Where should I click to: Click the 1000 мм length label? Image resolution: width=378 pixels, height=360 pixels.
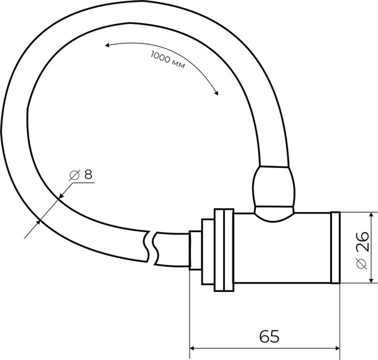(x=168, y=59)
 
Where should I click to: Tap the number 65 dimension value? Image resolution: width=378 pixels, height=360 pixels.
(x=269, y=336)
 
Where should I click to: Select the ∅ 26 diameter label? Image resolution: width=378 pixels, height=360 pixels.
(x=362, y=250)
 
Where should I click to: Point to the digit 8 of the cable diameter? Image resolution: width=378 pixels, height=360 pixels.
(x=88, y=174)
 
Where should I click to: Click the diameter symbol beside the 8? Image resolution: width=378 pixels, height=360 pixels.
(x=74, y=175)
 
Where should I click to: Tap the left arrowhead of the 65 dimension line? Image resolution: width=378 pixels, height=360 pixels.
(x=192, y=348)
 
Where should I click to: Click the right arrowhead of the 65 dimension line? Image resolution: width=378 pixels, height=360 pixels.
(x=337, y=348)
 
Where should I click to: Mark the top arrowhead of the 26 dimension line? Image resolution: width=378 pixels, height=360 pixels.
(x=372, y=215)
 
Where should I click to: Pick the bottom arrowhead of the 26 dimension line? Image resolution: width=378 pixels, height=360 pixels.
(x=372, y=280)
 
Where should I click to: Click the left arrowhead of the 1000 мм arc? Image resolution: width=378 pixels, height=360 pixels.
(x=108, y=45)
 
